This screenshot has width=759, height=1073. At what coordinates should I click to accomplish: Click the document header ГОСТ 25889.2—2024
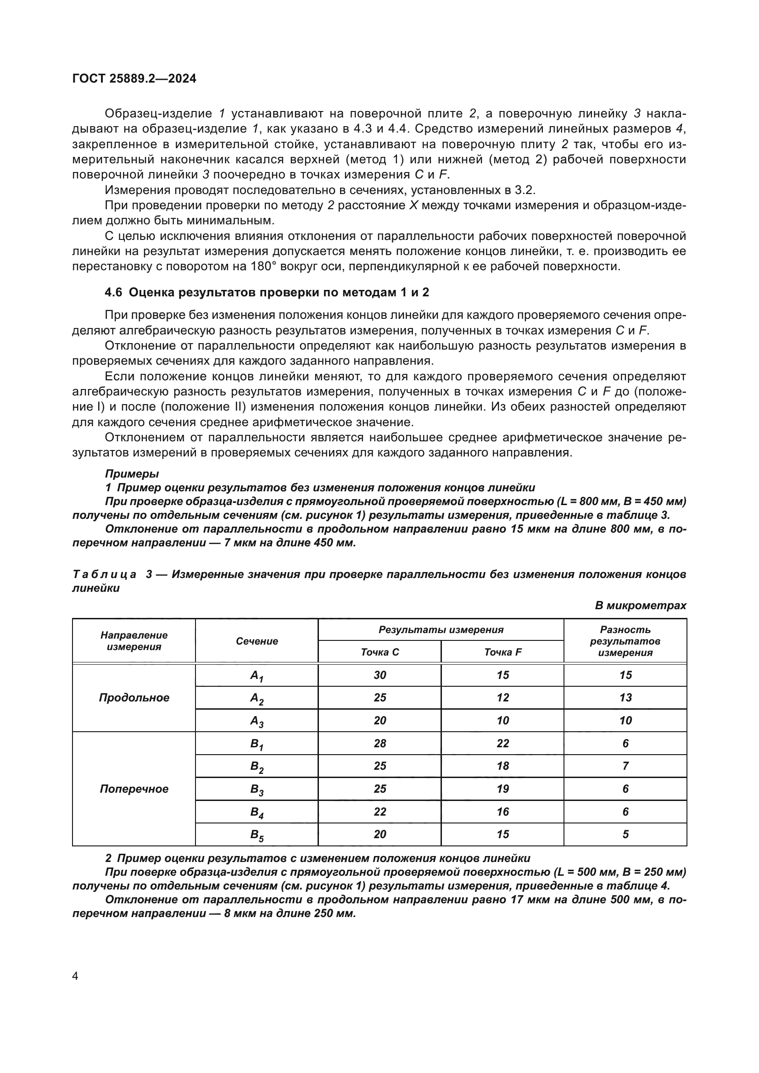click(x=134, y=78)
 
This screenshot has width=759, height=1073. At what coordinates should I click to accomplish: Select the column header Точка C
click(x=379, y=652)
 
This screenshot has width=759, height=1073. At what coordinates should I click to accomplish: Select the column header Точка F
click(x=502, y=652)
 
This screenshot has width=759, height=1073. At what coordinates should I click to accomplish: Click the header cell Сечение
click(x=257, y=641)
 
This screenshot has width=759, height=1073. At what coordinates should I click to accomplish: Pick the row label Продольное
click(x=134, y=698)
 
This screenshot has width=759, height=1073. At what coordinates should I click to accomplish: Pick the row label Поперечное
click(x=134, y=789)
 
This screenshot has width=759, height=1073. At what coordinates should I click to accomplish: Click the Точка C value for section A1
click(x=379, y=675)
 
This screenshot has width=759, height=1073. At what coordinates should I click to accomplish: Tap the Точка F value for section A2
click(x=502, y=698)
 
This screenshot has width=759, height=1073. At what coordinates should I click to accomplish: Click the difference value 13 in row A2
click(x=625, y=698)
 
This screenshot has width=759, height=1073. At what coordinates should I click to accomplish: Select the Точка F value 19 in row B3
click(x=502, y=789)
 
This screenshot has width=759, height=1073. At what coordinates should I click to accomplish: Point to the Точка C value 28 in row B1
click(x=379, y=744)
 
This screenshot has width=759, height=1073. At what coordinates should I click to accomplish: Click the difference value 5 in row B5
click(x=625, y=834)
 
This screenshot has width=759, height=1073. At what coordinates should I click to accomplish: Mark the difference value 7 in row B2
click(x=625, y=766)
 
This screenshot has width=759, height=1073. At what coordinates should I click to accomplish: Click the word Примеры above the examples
click(x=132, y=473)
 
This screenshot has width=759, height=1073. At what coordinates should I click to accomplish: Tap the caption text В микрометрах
click(x=640, y=606)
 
